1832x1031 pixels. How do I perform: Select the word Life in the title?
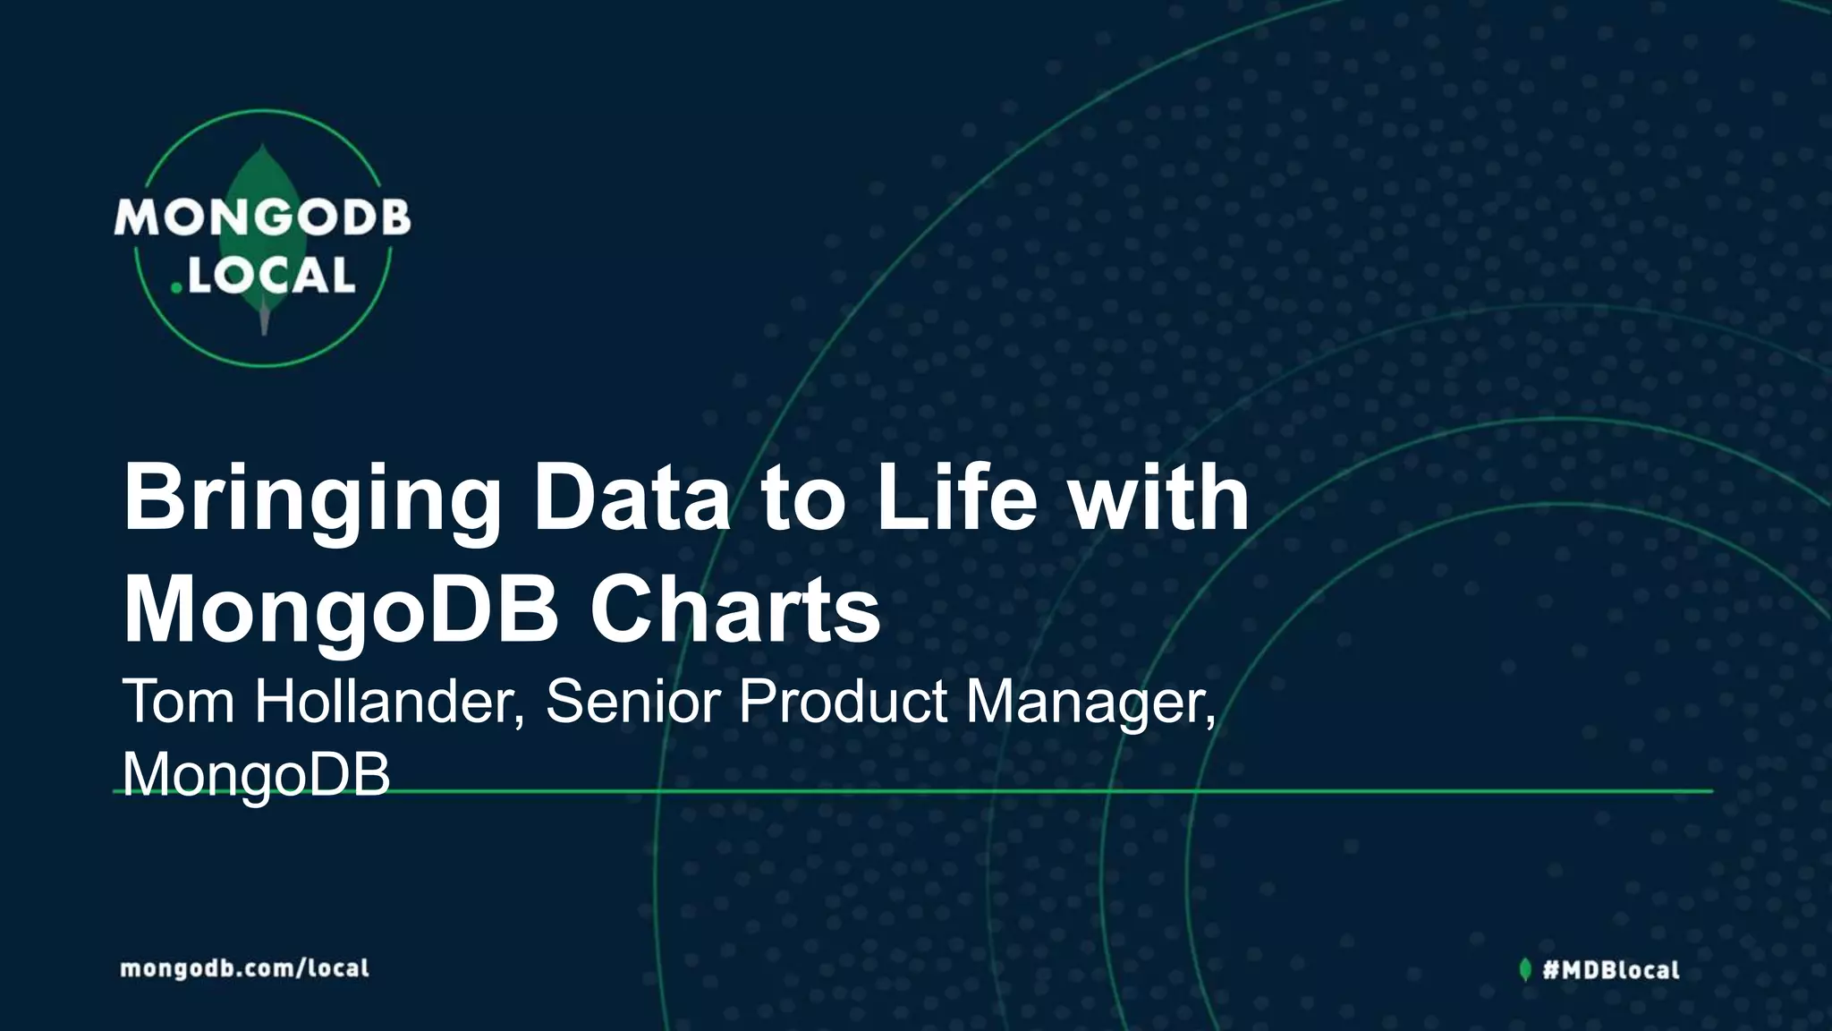(x=956, y=498)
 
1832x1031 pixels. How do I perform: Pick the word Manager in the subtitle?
(x=1090, y=703)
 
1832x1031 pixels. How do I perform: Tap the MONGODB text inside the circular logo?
(x=262, y=218)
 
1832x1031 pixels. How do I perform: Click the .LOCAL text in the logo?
(x=266, y=277)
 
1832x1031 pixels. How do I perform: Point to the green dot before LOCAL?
(x=177, y=289)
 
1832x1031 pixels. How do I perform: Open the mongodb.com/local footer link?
(x=244, y=968)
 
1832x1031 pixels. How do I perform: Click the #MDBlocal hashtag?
(x=1610, y=970)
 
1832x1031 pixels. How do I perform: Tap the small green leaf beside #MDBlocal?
(x=1525, y=969)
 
